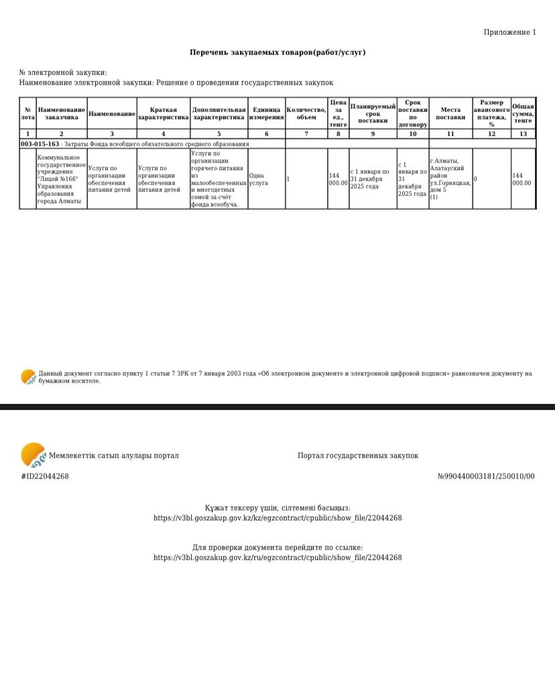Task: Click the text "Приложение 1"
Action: pyautogui.click(x=509, y=32)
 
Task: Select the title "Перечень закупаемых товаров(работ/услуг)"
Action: pyautogui.click(x=277, y=52)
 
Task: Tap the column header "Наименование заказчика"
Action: pyautogui.click(x=62, y=113)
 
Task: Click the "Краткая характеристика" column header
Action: pyautogui.click(x=163, y=113)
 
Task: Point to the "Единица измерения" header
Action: pyautogui.click(x=266, y=113)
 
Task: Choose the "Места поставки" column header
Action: pyautogui.click(x=450, y=113)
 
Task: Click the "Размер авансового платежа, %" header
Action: pyautogui.click(x=491, y=113)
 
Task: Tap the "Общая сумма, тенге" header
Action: pyautogui.click(x=523, y=113)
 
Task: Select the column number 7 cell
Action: pyautogui.click(x=306, y=134)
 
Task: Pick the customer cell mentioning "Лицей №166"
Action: pyautogui.click(x=61, y=179)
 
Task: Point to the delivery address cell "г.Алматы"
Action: pyautogui.click(x=450, y=179)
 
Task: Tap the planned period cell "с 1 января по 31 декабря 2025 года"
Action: pyautogui.click(x=372, y=179)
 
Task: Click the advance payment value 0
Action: pyautogui.click(x=475, y=179)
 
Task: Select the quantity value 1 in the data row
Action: pyautogui.click(x=288, y=179)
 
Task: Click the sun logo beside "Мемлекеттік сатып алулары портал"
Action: pyautogui.click(x=33, y=455)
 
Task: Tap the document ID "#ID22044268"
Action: pyautogui.click(x=45, y=476)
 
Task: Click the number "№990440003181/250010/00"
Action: pyautogui.click(x=486, y=476)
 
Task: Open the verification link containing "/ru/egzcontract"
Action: pyautogui.click(x=277, y=558)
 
